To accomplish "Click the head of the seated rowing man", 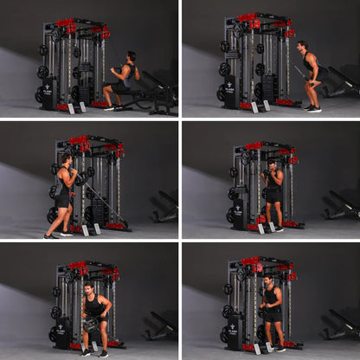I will (x=131, y=56).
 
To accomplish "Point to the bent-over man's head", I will (x=303, y=46).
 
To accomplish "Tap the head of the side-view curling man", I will (x=65, y=160).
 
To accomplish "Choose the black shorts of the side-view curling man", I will (x=63, y=198).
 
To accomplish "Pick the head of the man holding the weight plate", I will (x=88, y=287).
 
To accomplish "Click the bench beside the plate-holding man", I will (x=162, y=325).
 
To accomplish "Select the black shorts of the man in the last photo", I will (x=272, y=316).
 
